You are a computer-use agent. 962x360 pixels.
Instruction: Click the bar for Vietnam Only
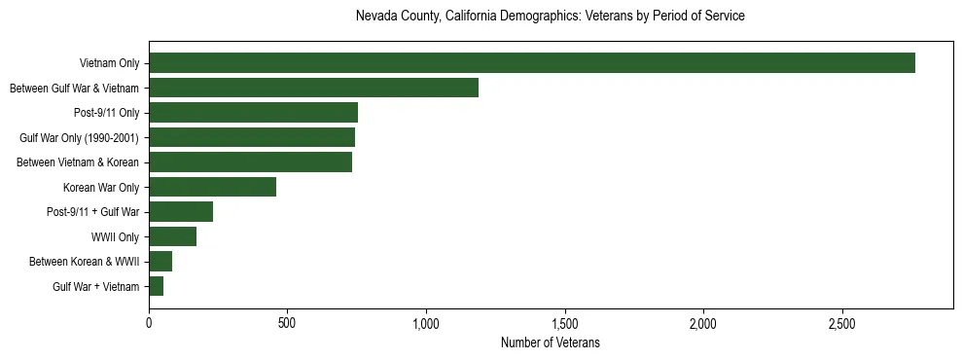click(x=532, y=63)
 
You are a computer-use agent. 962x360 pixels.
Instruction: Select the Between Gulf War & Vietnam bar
click(x=313, y=88)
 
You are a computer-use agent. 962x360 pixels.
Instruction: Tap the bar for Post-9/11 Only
click(x=253, y=113)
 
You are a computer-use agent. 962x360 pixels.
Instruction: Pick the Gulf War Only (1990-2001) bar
click(x=252, y=137)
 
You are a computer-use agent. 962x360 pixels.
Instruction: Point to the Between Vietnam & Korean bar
click(x=250, y=162)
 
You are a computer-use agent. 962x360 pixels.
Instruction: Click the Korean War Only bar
click(x=212, y=187)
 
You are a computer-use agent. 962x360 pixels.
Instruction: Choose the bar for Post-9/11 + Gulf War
click(x=181, y=212)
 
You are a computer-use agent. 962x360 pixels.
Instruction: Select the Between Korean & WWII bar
click(x=160, y=262)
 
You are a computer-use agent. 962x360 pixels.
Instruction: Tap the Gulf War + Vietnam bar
click(x=156, y=286)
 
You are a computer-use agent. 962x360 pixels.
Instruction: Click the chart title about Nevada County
click(x=551, y=17)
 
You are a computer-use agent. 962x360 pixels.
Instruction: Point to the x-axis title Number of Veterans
click(x=551, y=343)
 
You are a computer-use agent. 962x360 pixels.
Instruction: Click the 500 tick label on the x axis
click(x=287, y=323)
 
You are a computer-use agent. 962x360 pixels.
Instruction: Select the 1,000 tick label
click(x=426, y=323)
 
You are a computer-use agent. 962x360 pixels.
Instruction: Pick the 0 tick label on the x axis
click(x=149, y=323)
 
